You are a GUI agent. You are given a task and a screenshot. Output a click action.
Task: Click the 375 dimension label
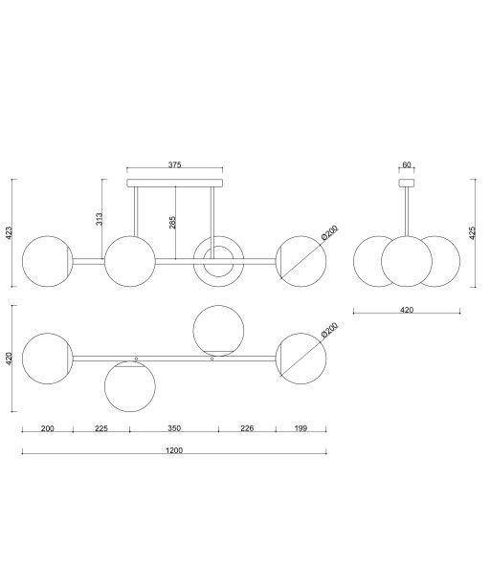pos(174,164)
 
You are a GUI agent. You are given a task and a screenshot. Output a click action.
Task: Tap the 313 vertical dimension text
pos(100,219)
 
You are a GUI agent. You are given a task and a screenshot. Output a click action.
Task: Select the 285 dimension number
pos(172,222)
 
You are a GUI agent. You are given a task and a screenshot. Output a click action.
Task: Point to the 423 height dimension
pos(10,232)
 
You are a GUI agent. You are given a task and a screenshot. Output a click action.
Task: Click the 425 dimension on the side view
pos(473,232)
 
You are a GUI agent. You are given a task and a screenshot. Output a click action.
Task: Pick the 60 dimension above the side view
pos(407,164)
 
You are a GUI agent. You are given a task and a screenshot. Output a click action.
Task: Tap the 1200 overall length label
pos(174,450)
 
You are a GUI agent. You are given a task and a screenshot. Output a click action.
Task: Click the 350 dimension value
pos(174,428)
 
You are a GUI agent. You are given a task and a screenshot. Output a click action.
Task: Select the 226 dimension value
pos(247,428)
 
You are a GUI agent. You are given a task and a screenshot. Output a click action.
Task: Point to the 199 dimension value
pos(301,428)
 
